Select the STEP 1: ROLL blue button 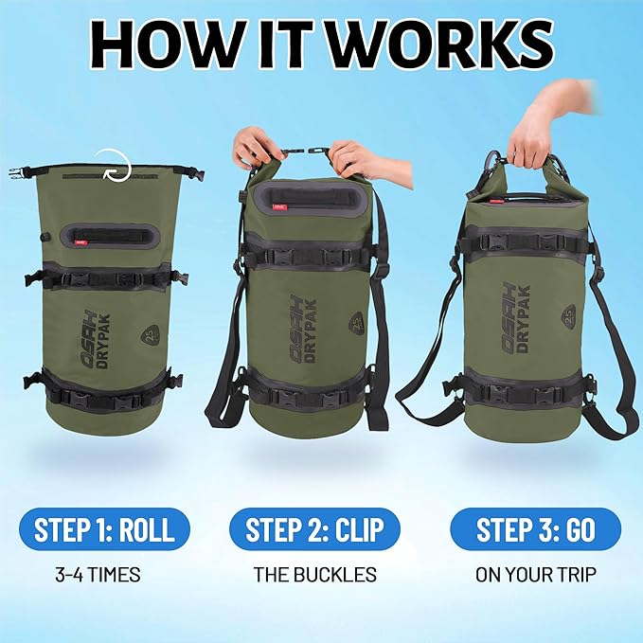pos(104,529)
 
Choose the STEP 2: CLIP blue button pos(314,529)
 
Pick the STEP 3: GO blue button pos(536,529)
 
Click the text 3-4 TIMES pos(98,574)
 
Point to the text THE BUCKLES pos(315,574)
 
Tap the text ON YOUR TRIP pos(536,574)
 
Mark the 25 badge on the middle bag pos(357,322)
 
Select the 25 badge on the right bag pos(567,315)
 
